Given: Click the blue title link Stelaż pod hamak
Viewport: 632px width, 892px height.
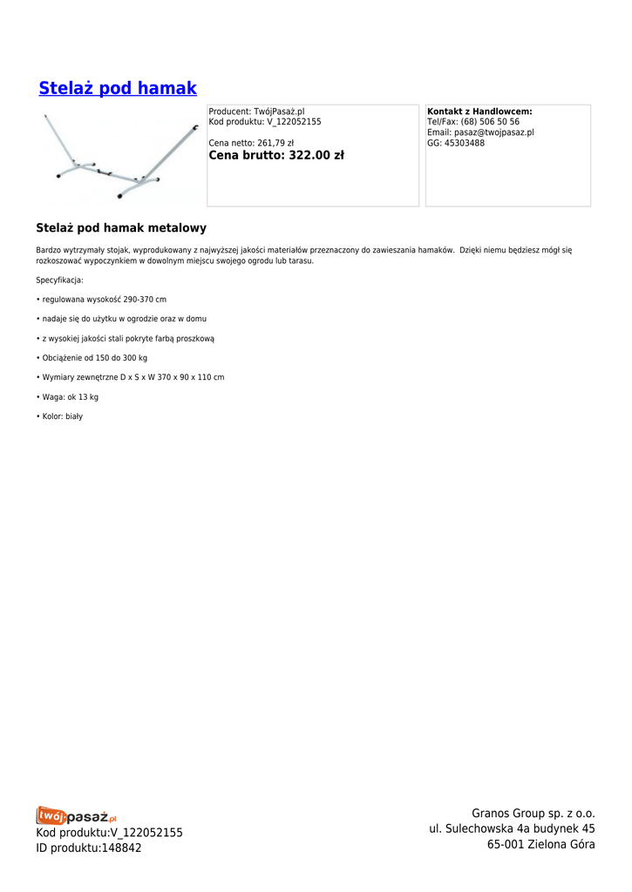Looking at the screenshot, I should (118, 88).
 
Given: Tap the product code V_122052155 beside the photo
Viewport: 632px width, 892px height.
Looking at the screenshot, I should (294, 122).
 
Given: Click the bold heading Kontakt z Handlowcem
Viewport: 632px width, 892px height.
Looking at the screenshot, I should (479, 112).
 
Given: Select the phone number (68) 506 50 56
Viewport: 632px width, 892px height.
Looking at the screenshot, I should (490, 122).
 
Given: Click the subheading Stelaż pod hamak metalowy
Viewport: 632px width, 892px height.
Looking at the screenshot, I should (121, 228).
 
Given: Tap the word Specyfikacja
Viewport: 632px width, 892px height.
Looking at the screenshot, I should (59, 280).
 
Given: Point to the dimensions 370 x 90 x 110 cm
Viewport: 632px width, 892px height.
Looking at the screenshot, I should (191, 377).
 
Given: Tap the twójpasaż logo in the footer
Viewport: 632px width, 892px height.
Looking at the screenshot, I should (77, 816).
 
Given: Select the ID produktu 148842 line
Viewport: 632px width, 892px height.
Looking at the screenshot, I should (89, 848).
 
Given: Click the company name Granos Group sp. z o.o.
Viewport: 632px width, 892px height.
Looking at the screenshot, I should (533, 814).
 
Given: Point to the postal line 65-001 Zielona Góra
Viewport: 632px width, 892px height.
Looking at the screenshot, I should (540, 844).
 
